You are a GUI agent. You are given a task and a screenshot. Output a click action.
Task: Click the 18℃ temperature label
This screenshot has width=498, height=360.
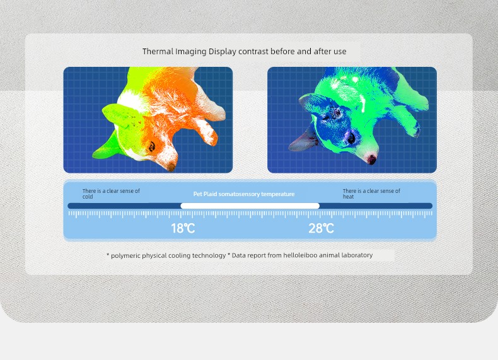click(183, 228)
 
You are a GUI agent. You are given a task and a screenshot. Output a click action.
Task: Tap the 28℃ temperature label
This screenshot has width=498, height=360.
click(321, 228)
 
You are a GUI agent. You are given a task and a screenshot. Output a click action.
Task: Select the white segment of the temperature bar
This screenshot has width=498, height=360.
click(250, 206)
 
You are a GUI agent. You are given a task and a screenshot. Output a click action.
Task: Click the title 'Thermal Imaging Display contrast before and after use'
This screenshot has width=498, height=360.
click(244, 52)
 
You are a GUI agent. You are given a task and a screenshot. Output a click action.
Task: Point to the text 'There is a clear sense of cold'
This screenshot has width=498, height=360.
click(111, 194)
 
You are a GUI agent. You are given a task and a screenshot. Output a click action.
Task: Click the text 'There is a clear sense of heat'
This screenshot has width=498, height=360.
click(371, 194)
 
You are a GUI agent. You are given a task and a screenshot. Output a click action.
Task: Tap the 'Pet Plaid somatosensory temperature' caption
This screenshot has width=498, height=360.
click(244, 194)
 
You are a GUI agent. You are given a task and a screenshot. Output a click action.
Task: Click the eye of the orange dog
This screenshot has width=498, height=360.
click(152, 146)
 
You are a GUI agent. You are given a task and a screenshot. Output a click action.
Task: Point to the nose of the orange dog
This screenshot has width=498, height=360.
click(171, 167)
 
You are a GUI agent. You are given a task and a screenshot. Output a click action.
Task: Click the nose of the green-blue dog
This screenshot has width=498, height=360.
click(372, 158)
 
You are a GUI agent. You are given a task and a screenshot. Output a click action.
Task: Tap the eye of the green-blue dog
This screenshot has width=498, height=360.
click(351, 137)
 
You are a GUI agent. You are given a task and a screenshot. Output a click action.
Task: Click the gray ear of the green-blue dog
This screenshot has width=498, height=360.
click(303, 140)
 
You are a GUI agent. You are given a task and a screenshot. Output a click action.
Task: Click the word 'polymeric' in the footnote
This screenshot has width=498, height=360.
click(125, 256)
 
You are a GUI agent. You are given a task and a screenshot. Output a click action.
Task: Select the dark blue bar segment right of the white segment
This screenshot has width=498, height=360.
click(376, 206)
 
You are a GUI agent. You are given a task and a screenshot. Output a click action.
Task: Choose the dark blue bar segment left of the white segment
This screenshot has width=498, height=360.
click(124, 206)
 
